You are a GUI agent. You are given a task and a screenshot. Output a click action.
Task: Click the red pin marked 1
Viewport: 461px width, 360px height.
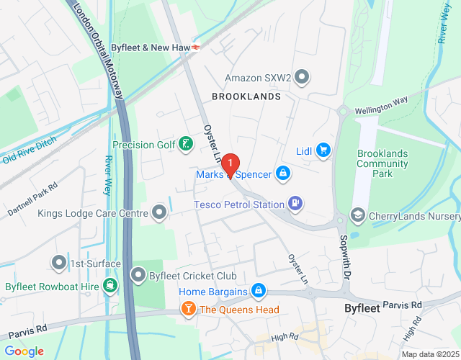tap(230, 165)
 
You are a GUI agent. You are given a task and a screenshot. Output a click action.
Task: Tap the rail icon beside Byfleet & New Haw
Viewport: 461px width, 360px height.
tap(197, 47)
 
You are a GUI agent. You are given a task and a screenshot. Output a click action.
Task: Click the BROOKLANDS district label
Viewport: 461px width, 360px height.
tap(246, 96)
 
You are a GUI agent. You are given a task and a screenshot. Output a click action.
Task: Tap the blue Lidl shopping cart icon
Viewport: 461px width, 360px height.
tap(323, 150)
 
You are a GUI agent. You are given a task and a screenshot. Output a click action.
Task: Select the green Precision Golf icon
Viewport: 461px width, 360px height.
tap(187, 145)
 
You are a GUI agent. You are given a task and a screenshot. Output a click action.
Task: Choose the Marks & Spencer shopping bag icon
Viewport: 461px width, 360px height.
tap(284, 174)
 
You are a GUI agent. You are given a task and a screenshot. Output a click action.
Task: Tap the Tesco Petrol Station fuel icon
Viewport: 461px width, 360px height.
tap(295, 204)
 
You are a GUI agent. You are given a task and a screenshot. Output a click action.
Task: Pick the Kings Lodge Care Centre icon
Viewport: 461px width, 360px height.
tap(159, 212)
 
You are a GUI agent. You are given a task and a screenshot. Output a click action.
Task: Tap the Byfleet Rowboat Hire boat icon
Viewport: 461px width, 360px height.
tap(109, 285)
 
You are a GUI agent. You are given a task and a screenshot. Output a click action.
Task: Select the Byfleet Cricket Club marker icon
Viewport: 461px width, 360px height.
tap(138, 274)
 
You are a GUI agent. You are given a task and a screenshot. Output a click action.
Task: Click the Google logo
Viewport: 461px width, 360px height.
tap(24, 351)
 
